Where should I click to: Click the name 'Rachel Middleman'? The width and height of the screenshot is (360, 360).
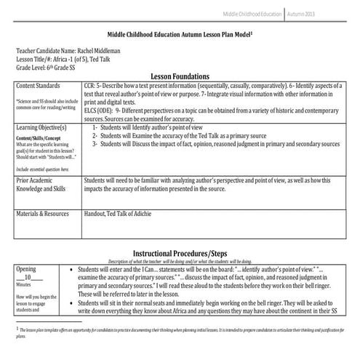click(x=100, y=50)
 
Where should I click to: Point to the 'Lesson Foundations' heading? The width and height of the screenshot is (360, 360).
click(x=180, y=76)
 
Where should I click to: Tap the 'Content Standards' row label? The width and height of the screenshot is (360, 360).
click(x=41, y=86)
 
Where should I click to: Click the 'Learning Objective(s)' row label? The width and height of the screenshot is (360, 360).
click(x=44, y=127)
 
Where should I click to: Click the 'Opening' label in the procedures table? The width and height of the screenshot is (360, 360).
click(x=25, y=269)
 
